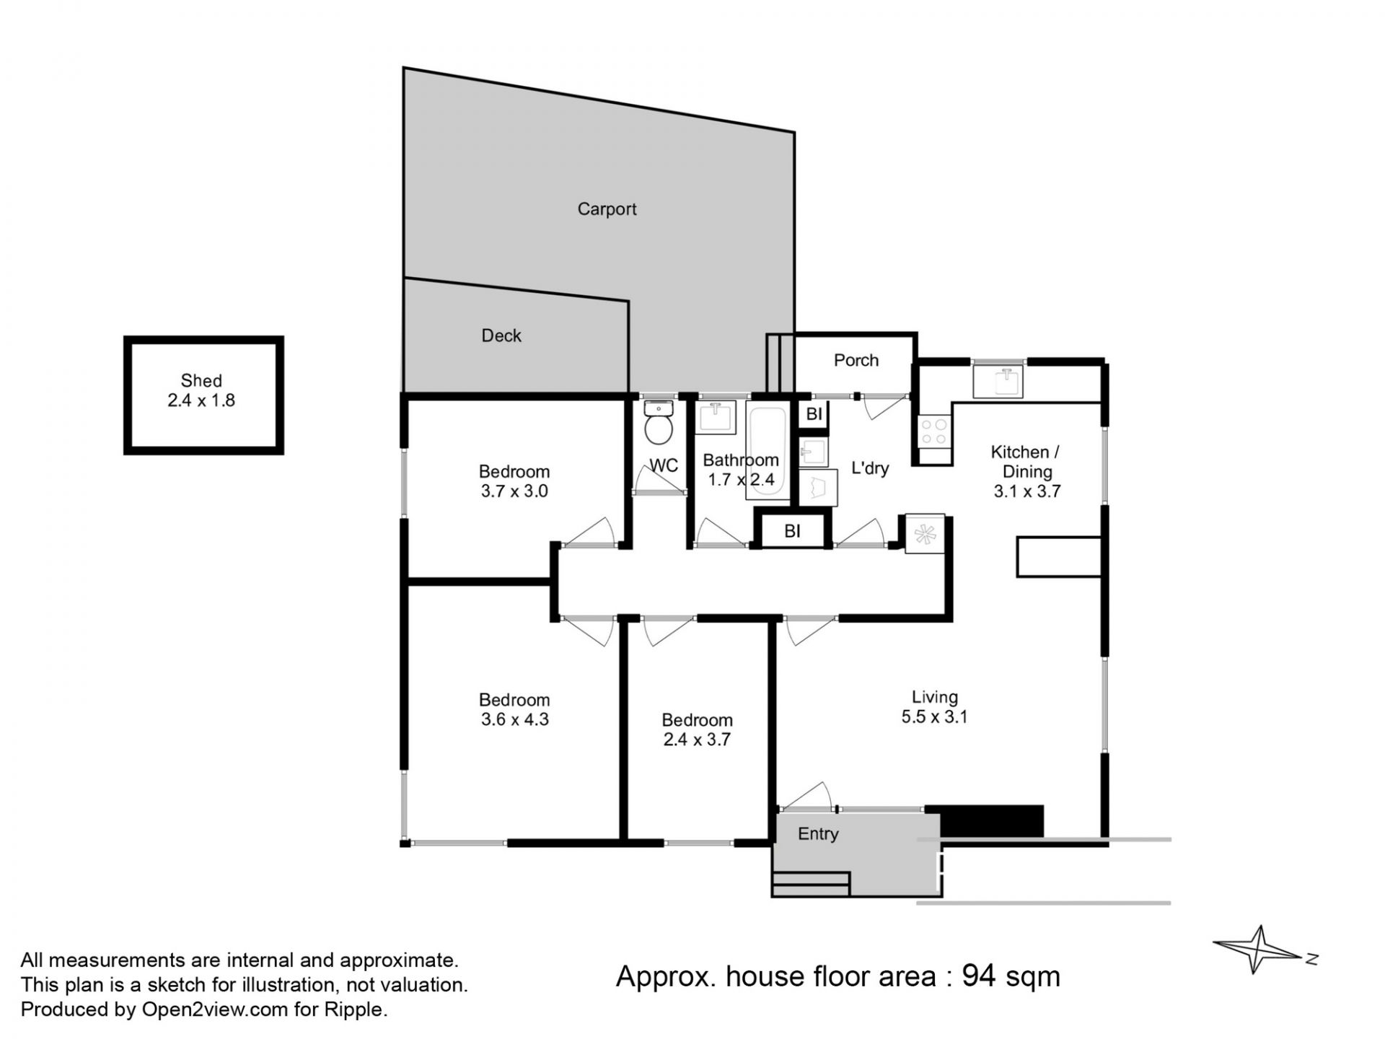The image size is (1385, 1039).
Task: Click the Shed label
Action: coord(201,380)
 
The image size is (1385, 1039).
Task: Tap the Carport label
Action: coord(607,209)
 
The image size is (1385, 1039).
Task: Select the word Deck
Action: coord(501,336)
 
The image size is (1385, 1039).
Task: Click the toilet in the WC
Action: coord(658,423)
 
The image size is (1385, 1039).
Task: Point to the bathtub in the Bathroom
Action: coord(768,452)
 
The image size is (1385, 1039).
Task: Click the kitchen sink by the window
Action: coord(998,382)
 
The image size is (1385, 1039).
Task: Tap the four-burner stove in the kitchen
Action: coord(935,431)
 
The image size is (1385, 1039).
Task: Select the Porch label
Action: coord(856,360)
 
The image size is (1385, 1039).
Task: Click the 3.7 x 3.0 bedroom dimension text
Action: coord(514,491)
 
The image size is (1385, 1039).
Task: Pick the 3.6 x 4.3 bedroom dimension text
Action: coord(514,719)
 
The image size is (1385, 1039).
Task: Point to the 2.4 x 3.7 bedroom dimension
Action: coord(697,740)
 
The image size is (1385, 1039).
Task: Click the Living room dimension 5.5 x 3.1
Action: coord(934,716)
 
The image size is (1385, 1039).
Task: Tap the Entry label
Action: coord(818,834)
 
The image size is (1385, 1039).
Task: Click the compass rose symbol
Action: coord(1259,950)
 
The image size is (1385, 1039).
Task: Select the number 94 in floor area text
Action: coord(979,976)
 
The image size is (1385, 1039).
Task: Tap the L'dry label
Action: coord(870,468)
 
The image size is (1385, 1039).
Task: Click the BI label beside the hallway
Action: coord(792,532)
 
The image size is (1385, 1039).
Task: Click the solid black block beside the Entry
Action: coord(985,821)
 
